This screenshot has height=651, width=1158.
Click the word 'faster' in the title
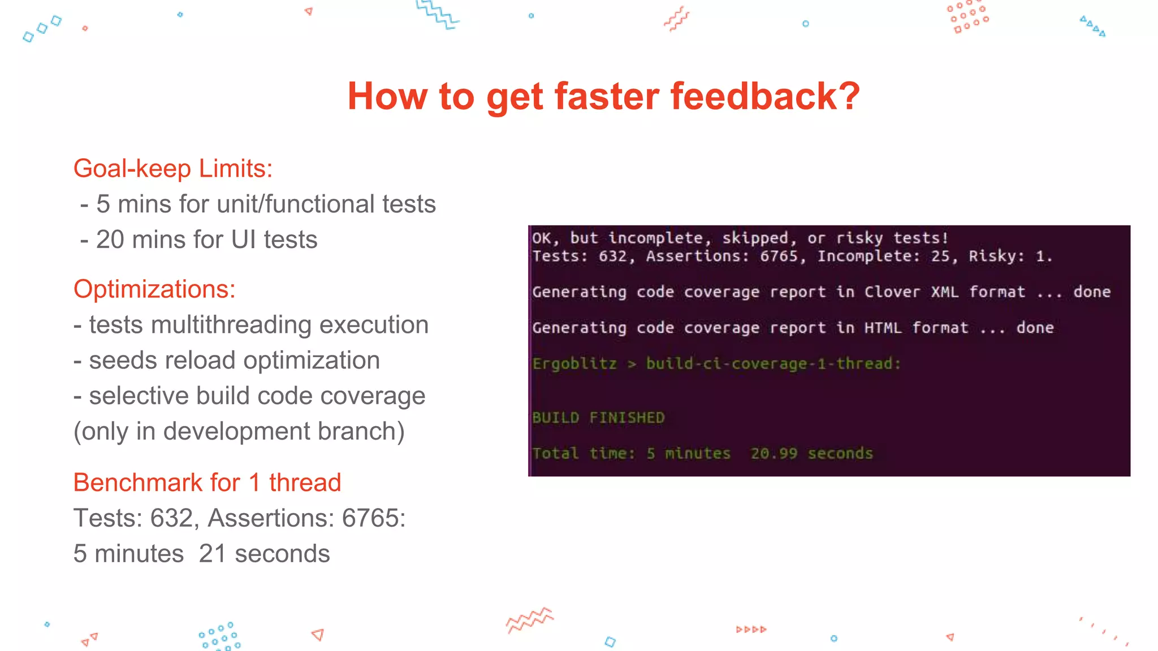click(606, 96)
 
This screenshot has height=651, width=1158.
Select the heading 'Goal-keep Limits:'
click(173, 168)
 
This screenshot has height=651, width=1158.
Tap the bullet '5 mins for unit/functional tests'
click(265, 204)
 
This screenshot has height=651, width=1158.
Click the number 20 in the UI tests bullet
click(110, 240)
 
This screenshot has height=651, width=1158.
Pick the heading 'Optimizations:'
click(154, 289)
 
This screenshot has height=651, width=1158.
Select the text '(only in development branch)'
click(239, 431)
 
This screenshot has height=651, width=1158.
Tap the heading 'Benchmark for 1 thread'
click(207, 483)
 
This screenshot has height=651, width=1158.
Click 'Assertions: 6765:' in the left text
click(306, 518)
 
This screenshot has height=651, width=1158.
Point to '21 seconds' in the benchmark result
click(264, 554)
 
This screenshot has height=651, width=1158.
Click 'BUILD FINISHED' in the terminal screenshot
click(598, 418)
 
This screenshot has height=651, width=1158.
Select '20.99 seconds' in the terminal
click(811, 453)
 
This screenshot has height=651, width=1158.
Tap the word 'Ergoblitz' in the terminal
click(574, 363)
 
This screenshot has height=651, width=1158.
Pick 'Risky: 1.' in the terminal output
click(1010, 256)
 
